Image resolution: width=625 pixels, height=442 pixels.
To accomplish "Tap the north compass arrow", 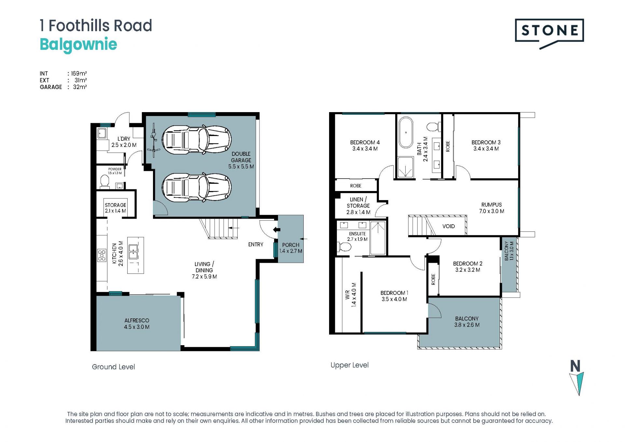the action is (577, 384).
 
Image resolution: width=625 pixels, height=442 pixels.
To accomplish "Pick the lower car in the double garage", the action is (197, 187).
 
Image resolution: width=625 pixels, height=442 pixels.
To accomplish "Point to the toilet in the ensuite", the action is (345, 247).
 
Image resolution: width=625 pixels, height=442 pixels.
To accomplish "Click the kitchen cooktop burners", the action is (102, 255).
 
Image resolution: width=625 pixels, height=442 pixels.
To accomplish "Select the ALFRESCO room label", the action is (137, 321).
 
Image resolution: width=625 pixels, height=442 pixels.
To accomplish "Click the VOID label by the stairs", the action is (449, 226).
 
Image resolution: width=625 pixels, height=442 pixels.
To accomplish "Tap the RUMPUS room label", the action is (492, 205).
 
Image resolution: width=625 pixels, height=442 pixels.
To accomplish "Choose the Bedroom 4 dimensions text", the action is (365, 149).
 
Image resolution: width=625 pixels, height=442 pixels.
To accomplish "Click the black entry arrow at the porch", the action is (276, 230).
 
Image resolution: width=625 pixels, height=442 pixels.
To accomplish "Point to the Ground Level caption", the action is (113, 367).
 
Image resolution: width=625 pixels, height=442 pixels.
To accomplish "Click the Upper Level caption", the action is (350, 365).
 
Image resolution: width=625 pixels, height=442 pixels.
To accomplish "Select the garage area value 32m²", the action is (80, 87).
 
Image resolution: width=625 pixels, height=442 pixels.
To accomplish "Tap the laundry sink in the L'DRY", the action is (102, 133).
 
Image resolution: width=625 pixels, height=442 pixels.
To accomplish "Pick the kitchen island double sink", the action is (133, 251).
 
